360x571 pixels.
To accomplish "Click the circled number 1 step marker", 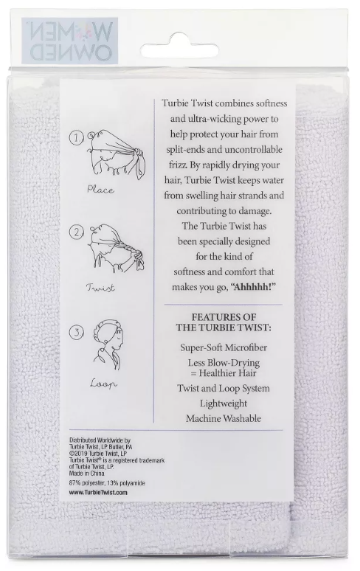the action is [77, 138].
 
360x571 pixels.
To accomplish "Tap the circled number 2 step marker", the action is [77, 232].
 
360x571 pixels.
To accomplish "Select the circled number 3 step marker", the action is [77, 332].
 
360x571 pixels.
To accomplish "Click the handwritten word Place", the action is [100, 190].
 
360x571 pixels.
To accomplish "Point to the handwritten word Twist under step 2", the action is [100, 288].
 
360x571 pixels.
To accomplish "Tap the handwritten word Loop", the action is [104, 384].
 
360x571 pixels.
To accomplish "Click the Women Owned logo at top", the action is [70, 41].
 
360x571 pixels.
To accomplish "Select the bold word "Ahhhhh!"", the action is [253, 286].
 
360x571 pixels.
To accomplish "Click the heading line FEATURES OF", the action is [224, 316].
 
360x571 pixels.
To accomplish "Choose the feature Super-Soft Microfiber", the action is [224, 347].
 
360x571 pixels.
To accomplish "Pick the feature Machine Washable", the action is [224, 418].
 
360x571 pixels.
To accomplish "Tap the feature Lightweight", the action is [224, 404].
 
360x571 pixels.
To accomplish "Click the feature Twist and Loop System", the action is [224, 388].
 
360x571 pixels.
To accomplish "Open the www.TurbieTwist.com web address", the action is [98, 492].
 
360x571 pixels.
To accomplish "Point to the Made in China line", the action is [86, 474].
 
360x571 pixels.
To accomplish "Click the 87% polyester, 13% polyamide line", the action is [107, 483].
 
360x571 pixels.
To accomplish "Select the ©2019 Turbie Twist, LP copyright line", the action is [98, 454].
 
